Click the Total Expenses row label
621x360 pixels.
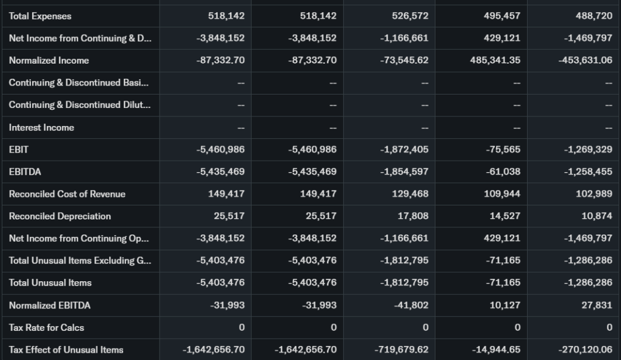point(40,16)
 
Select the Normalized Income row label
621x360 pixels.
point(49,60)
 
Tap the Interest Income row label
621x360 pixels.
point(41,127)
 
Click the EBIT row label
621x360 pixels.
point(19,149)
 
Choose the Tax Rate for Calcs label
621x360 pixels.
point(47,327)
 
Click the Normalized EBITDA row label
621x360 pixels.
point(50,305)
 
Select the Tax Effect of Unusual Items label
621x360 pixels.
point(66,350)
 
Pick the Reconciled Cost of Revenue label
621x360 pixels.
point(67,194)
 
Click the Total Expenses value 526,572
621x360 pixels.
point(410,16)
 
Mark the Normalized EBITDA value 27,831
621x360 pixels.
point(597,305)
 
